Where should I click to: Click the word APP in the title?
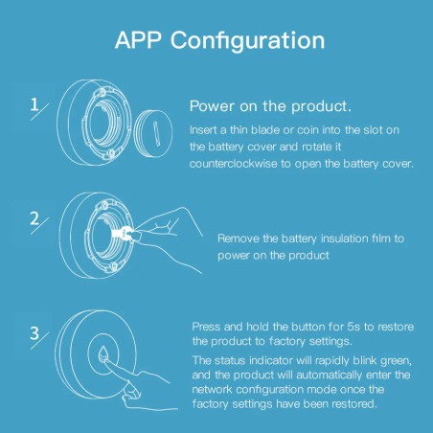pos(138,40)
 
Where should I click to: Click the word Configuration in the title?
pos(248,41)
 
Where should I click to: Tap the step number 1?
pos(34,104)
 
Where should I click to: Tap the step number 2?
pos(34,218)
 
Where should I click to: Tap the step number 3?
pos(34,333)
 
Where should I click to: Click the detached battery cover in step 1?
pos(153,133)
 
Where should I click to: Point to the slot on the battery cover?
pos(155,134)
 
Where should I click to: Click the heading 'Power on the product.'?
pos(270,106)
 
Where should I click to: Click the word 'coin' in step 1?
pos(308,130)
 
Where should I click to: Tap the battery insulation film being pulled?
pos(123,234)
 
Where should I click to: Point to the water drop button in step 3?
pos(103,353)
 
